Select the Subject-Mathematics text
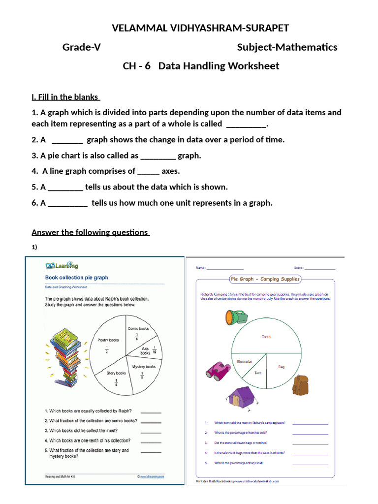[287, 47]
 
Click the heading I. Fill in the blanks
[65, 97]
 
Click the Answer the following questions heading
[91, 232]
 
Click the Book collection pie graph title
[76, 278]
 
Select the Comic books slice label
[138, 328]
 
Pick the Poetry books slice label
[108, 340]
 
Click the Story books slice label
[117, 374]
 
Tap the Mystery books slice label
[144, 367]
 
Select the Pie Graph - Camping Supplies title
[265, 279]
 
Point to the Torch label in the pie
[266, 337]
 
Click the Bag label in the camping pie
[281, 367]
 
